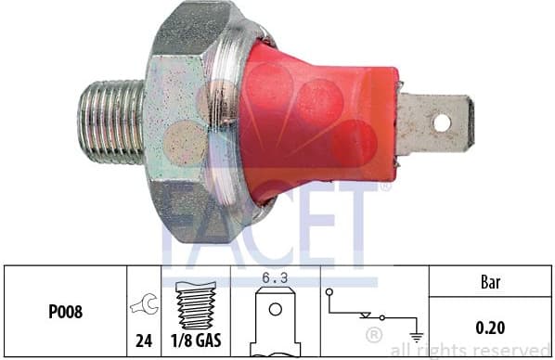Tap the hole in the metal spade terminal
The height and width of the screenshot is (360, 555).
tap(442, 122)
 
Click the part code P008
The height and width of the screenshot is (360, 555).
tap(66, 312)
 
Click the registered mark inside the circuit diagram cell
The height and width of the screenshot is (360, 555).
tap(373, 332)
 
